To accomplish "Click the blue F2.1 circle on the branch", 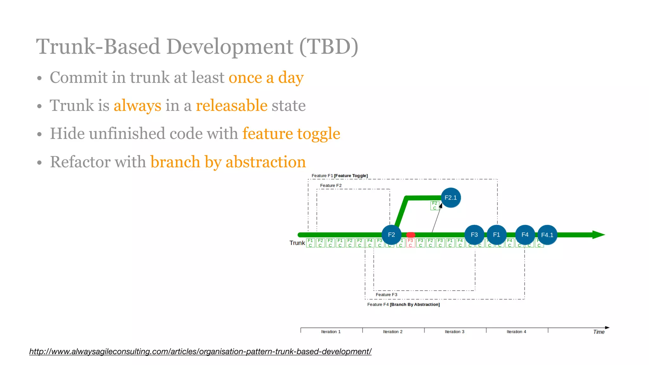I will (x=451, y=198).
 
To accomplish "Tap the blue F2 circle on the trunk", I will (x=391, y=235).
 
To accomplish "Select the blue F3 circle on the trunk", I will (x=474, y=235).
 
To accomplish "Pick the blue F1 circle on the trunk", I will (x=496, y=235).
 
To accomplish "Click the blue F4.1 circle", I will (x=547, y=235).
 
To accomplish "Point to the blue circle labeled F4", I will (x=525, y=235).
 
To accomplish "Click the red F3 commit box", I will (x=410, y=243).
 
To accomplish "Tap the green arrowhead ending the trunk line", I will (x=599, y=235).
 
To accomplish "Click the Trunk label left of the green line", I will (x=297, y=243).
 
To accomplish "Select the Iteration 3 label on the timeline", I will (x=454, y=332).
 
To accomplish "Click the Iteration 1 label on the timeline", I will (x=331, y=332).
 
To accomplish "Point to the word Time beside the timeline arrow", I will (x=599, y=332).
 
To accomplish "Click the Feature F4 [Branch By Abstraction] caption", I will (x=403, y=304).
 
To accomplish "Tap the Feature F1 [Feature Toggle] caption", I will (x=339, y=176).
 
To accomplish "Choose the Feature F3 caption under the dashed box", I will (x=386, y=295).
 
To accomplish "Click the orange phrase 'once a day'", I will (x=266, y=78).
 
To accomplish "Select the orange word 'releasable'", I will (x=232, y=106).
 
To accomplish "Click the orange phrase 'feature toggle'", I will (x=291, y=133).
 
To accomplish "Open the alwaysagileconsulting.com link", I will (x=200, y=351).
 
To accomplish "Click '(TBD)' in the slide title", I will (x=329, y=47).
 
